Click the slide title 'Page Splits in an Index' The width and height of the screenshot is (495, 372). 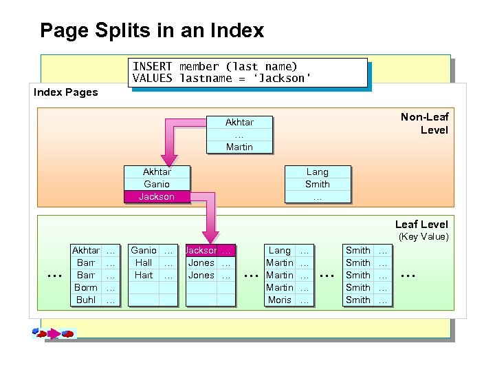click(152, 31)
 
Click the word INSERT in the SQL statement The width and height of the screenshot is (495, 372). click(153, 67)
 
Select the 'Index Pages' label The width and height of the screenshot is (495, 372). click(66, 92)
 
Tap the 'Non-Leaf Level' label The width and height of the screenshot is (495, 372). click(424, 123)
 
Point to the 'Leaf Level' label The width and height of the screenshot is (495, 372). click(421, 225)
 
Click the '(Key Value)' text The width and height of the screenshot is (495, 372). click(423, 237)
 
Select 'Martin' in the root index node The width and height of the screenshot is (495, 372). click(239, 147)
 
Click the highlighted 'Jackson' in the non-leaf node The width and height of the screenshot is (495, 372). click(157, 197)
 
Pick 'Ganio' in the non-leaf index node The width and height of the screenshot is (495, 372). click(157, 185)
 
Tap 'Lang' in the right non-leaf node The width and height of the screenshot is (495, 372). click(317, 172)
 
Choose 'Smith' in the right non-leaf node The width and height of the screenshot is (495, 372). click(317, 185)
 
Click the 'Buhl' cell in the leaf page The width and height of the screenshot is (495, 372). click(86, 300)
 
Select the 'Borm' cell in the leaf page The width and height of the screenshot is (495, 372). click(86, 288)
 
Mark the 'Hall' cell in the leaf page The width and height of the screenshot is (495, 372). click(144, 263)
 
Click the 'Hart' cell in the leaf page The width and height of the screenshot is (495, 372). click(144, 276)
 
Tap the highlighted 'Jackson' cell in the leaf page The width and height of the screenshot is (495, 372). click(201, 251)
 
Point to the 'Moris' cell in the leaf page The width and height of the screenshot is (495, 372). click(280, 300)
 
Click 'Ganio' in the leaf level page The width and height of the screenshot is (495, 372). click(144, 251)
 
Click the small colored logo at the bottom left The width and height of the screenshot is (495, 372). click(52, 333)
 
